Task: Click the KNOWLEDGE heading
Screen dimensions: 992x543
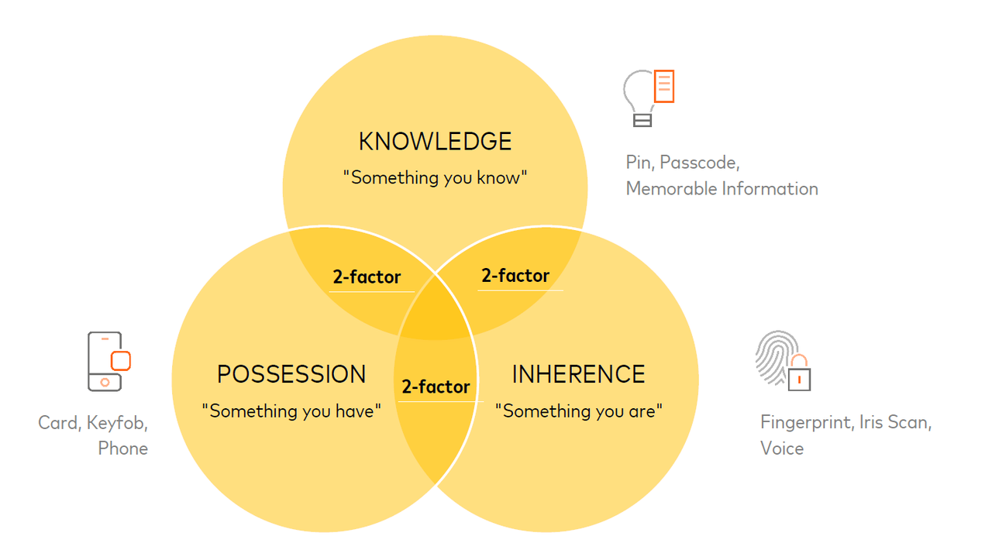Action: pyautogui.click(x=435, y=142)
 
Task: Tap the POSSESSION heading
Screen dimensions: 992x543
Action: pyautogui.click(x=291, y=374)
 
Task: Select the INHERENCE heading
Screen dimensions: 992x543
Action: pyautogui.click(x=578, y=374)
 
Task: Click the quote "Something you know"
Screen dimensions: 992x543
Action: pyautogui.click(x=435, y=178)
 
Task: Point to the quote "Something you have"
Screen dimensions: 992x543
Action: pyautogui.click(x=291, y=411)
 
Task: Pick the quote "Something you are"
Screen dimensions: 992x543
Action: pyautogui.click(x=579, y=411)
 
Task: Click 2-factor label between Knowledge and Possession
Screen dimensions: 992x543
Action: pyautogui.click(x=367, y=277)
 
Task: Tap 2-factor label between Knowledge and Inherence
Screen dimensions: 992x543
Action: pyautogui.click(x=515, y=276)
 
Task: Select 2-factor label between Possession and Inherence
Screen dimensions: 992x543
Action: pyautogui.click(x=436, y=387)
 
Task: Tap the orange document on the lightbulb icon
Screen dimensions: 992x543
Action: pyautogui.click(x=664, y=86)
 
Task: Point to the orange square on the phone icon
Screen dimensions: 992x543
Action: pyautogui.click(x=120, y=361)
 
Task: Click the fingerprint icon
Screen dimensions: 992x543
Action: pyautogui.click(x=777, y=356)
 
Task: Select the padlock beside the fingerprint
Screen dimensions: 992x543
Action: pyautogui.click(x=799, y=373)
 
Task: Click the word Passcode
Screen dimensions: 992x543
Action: pyautogui.click(x=700, y=163)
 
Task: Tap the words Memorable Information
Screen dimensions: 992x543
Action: pyautogui.click(x=722, y=189)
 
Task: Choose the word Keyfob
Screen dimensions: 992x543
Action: pyautogui.click(x=117, y=423)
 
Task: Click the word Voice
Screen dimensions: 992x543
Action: pyautogui.click(x=782, y=448)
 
